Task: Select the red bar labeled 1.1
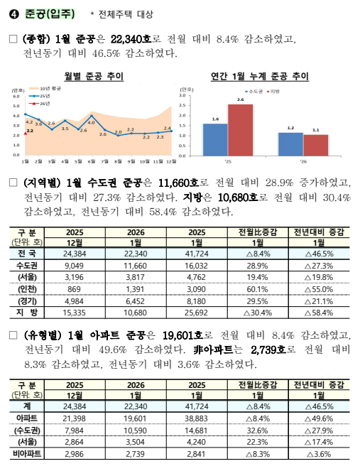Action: pyautogui.click(x=315, y=144)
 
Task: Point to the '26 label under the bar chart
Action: pyautogui.click(x=303, y=161)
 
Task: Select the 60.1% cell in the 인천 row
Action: pyautogui.click(x=257, y=288)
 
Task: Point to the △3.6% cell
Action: pyautogui.click(x=318, y=453)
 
